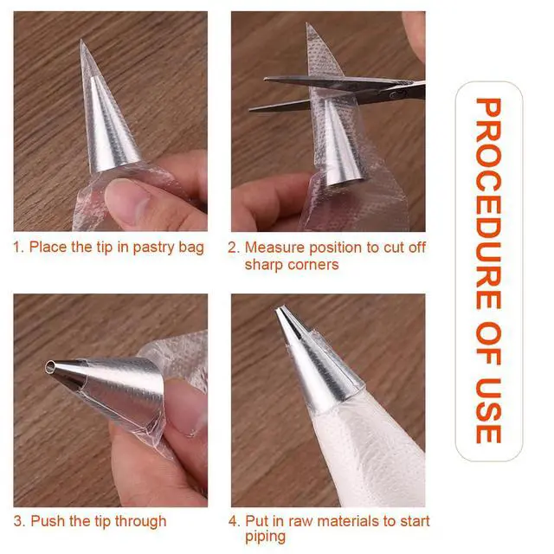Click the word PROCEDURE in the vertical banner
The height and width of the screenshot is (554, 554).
click(489, 203)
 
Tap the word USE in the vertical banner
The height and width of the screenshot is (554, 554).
click(489, 411)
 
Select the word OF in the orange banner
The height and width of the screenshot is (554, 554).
click(489, 344)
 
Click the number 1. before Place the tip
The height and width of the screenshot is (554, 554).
click(18, 247)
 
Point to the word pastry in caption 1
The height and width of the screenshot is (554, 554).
click(153, 248)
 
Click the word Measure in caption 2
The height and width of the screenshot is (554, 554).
click(274, 248)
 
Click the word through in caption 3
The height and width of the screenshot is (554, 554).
click(140, 522)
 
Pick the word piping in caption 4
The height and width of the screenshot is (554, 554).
click(266, 538)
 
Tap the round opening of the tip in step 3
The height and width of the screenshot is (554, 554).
click(50, 367)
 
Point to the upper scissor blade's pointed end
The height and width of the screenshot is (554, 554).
click(265, 79)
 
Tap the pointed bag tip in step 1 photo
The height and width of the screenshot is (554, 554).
click(81, 41)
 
